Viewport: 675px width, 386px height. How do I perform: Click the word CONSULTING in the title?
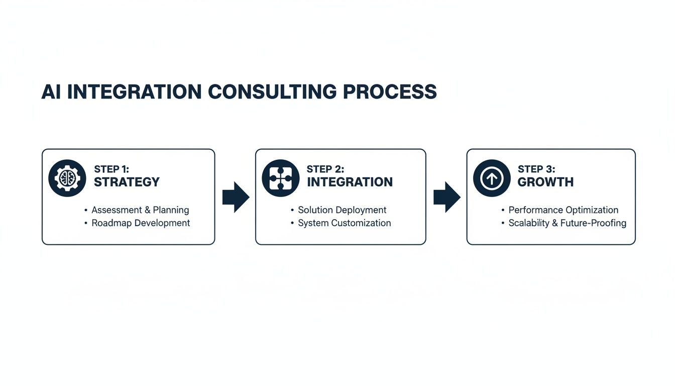pos(272,92)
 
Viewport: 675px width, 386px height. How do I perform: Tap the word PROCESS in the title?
pos(390,92)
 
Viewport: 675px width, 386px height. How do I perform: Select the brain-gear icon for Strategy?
pos(67,178)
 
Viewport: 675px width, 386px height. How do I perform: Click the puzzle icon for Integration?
pos(281,178)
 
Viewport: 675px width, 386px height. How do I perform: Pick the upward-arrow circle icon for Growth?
pos(492,178)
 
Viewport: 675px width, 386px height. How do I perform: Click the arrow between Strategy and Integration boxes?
pos(236,197)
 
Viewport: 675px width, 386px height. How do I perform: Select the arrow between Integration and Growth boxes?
pos(446,197)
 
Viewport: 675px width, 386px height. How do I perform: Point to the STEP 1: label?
pos(111,169)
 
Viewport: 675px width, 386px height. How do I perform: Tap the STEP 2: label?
pos(325,169)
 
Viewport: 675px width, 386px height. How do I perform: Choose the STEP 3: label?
pos(536,169)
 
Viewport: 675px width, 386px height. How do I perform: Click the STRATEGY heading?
pos(127,182)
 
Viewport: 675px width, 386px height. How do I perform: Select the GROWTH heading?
pos(545,182)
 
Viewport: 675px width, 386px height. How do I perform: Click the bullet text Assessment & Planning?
pos(140,210)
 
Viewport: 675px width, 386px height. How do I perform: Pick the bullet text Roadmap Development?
pos(141,223)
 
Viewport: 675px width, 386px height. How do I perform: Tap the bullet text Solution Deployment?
pos(342,210)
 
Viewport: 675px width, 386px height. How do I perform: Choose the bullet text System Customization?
pos(344,223)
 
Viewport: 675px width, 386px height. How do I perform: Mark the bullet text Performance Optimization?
pos(563,210)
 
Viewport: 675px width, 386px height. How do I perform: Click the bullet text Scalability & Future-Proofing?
pos(567,223)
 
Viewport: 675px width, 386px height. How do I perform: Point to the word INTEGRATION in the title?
pos(134,92)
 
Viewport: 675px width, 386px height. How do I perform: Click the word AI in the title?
pos(51,92)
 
